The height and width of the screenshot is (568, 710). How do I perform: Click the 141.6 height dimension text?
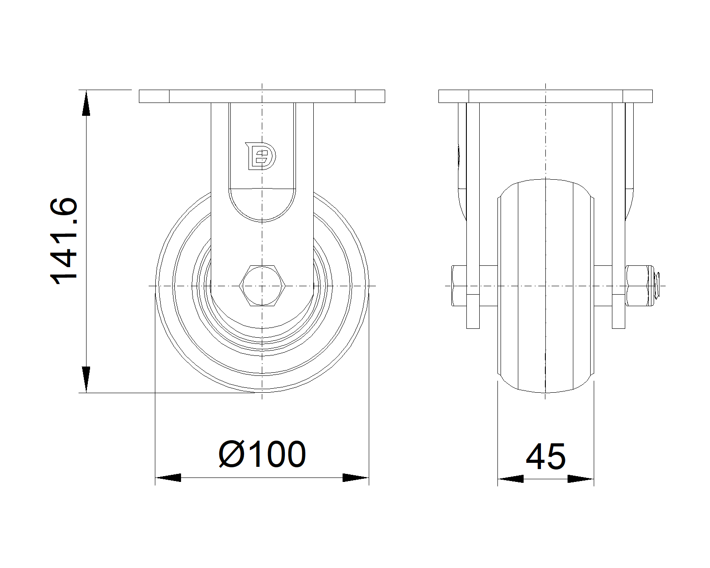coord(63,241)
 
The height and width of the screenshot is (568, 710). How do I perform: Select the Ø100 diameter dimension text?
coord(262,454)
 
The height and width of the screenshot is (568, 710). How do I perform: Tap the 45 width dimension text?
coord(546,457)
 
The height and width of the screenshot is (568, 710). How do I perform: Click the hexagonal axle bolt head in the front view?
coord(262,285)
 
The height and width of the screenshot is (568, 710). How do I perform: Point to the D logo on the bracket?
coord(260,156)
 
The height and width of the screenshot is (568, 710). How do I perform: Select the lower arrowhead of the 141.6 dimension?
coord(86,379)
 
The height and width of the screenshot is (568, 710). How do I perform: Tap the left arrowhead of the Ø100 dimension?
coord(168,477)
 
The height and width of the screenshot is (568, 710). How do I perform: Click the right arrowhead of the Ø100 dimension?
coord(355,477)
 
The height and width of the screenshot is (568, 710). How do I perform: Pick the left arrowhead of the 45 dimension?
coord(510,479)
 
